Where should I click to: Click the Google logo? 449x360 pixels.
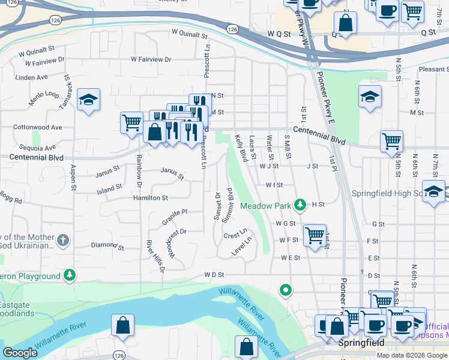(20, 353)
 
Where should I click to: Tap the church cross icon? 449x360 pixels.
(63, 241)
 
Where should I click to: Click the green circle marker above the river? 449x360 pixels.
(286, 290)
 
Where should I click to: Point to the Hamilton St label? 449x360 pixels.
(150, 197)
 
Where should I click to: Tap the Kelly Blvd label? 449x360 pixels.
(242, 148)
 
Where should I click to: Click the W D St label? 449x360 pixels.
(214, 275)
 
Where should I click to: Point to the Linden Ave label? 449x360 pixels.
(31, 77)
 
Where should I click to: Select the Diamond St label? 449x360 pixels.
(107, 245)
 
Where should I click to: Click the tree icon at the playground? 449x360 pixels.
(71, 275)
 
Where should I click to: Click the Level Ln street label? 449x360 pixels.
(242, 247)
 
